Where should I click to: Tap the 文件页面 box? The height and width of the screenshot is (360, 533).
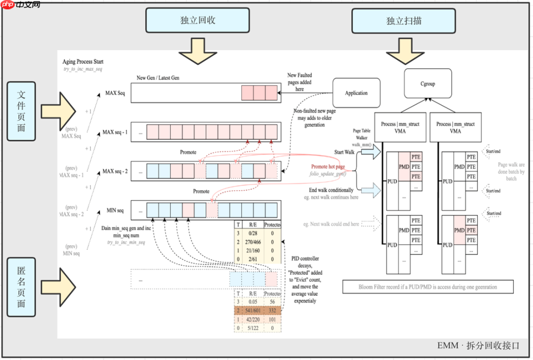(x=21, y=111)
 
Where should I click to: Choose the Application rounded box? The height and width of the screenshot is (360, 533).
(x=356, y=93)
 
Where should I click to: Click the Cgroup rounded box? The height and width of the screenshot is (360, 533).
(x=428, y=83)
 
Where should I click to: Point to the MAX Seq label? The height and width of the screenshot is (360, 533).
(x=115, y=93)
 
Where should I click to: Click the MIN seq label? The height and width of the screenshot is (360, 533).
(x=114, y=210)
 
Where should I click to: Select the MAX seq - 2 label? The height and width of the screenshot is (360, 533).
(x=115, y=171)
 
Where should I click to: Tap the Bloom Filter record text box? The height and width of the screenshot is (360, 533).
(x=427, y=286)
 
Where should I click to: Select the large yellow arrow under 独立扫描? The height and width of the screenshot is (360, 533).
(x=404, y=50)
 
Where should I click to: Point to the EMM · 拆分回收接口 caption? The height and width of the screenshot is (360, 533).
(x=478, y=346)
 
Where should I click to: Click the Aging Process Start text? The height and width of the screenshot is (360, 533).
(x=83, y=62)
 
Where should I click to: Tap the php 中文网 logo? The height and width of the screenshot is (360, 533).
(x=21, y=5)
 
